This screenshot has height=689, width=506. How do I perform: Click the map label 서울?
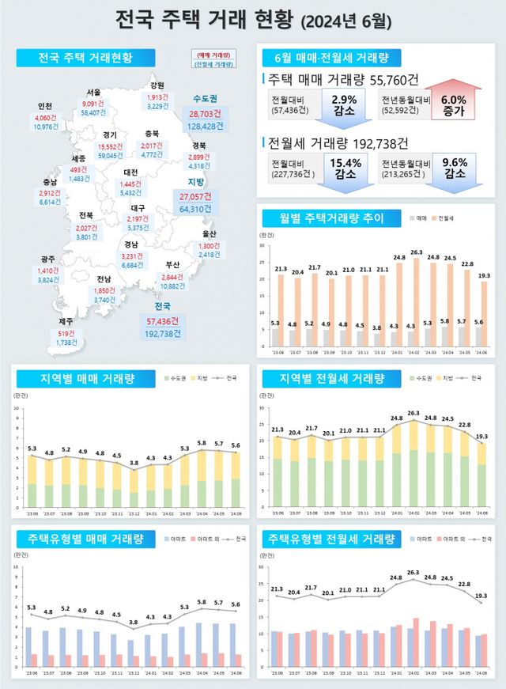tap(93, 92)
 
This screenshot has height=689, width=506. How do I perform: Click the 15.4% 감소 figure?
tap(344, 168)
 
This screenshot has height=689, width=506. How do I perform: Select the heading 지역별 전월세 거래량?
tap(331, 378)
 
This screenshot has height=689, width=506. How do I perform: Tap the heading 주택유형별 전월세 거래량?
tap(331, 539)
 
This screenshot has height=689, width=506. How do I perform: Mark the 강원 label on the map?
tap(157, 85)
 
